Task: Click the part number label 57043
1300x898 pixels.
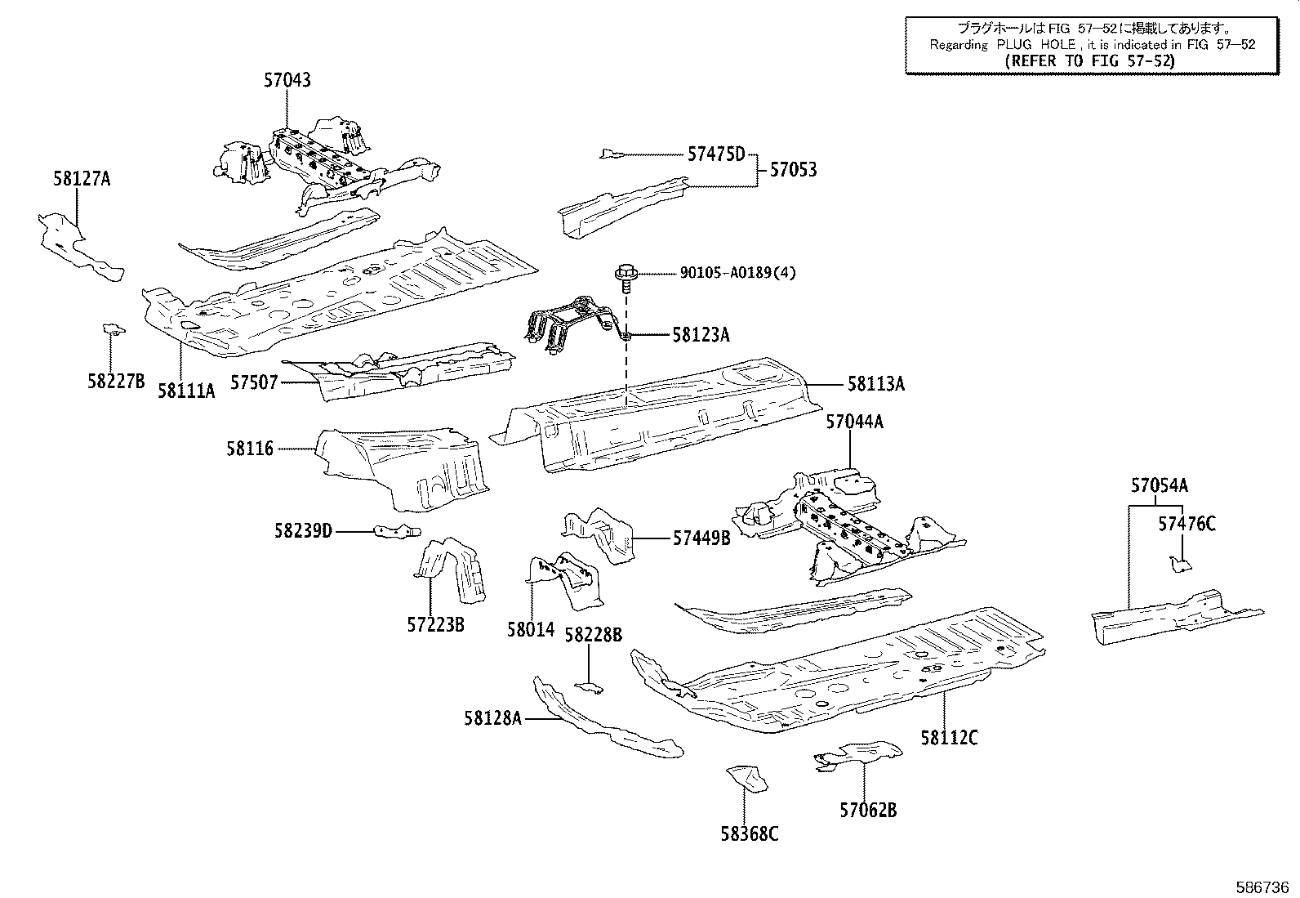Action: coord(287,80)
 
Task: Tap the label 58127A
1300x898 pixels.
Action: coord(82,179)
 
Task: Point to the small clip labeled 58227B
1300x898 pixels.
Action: coord(113,329)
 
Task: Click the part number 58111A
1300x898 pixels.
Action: coord(186,391)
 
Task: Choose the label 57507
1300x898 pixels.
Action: coord(253,382)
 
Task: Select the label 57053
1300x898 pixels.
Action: coord(793,170)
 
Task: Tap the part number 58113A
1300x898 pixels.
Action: coord(875,383)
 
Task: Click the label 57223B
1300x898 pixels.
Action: coord(435,625)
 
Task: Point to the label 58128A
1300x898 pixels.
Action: coord(492,718)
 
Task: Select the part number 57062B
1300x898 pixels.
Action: coord(868,810)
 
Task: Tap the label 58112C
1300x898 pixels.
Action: coord(949,737)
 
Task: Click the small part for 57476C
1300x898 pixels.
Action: coord(1179,563)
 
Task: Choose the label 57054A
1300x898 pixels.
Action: coord(1159,486)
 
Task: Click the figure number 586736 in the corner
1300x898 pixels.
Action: coord(1263,886)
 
